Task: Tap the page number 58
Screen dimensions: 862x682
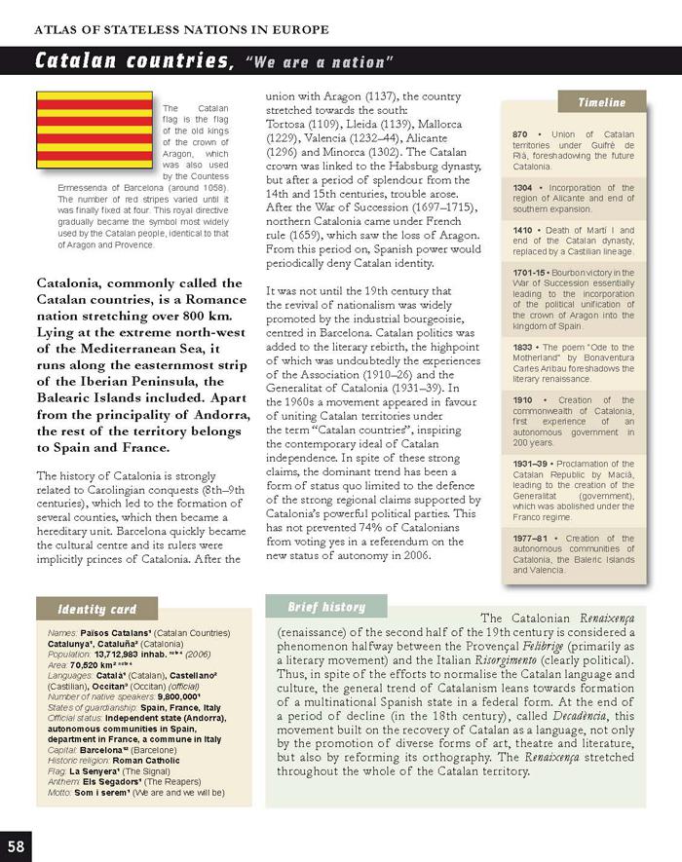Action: click(18, 843)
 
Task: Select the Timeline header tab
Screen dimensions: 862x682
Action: click(601, 101)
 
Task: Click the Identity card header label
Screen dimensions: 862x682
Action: click(96, 609)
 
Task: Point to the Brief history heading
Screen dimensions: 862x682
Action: click(326, 606)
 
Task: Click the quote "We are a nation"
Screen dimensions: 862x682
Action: click(320, 63)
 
